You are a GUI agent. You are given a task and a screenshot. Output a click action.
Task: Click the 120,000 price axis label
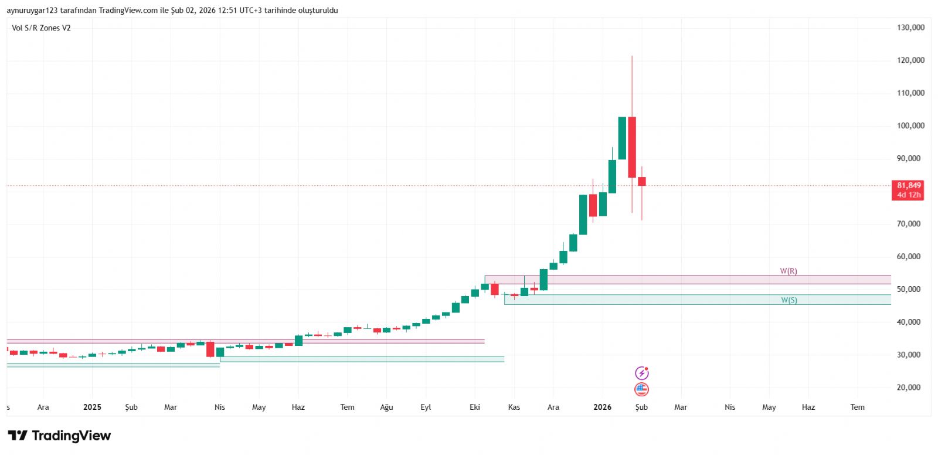(x=910, y=60)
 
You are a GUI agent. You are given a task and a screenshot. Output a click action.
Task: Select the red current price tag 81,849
(x=908, y=189)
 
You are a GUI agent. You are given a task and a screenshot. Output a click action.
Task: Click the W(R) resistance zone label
(x=788, y=271)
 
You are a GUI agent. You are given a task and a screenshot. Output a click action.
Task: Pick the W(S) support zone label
(x=789, y=300)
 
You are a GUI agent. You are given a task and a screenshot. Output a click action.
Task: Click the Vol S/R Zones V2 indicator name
(x=41, y=28)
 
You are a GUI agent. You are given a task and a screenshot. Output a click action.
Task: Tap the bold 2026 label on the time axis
(x=602, y=407)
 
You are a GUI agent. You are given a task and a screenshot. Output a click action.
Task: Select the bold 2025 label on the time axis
(x=92, y=407)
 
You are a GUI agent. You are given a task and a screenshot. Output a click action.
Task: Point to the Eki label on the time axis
(x=475, y=407)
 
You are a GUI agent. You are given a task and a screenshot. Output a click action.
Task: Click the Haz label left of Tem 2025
(x=298, y=407)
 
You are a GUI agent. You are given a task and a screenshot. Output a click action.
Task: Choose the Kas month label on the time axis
(x=514, y=407)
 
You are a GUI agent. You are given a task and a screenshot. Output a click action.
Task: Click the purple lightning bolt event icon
(x=642, y=373)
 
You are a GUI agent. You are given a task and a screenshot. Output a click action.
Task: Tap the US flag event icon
(x=642, y=389)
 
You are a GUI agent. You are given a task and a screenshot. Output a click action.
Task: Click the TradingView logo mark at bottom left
(x=18, y=436)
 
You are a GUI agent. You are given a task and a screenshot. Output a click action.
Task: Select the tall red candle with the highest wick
(x=632, y=147)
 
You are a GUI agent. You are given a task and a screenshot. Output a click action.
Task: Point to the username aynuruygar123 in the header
(x=32, y=11)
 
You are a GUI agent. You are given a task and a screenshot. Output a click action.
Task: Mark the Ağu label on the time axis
(x=386, y=407)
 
